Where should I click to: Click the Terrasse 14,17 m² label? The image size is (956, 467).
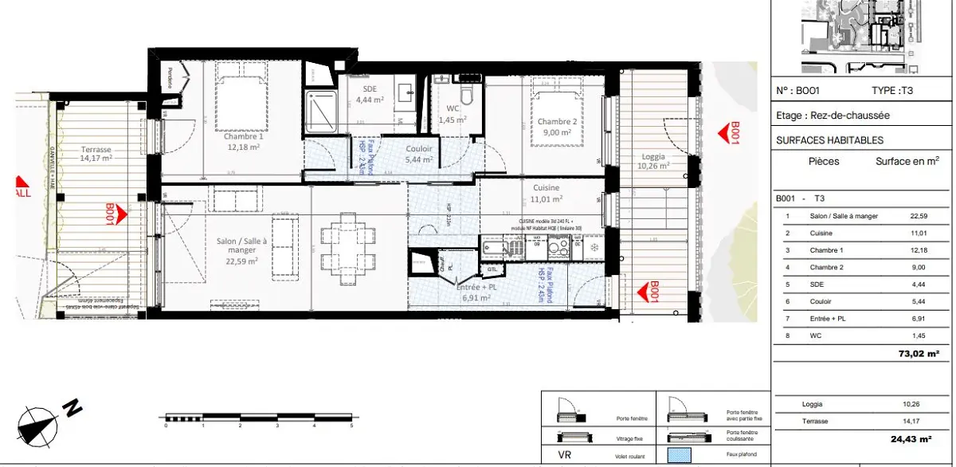pos(96,153)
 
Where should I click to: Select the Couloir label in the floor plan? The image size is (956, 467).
pos(419,154)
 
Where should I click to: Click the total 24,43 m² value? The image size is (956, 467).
pos(913,438)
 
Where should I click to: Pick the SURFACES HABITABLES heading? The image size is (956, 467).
pos(829,140)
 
